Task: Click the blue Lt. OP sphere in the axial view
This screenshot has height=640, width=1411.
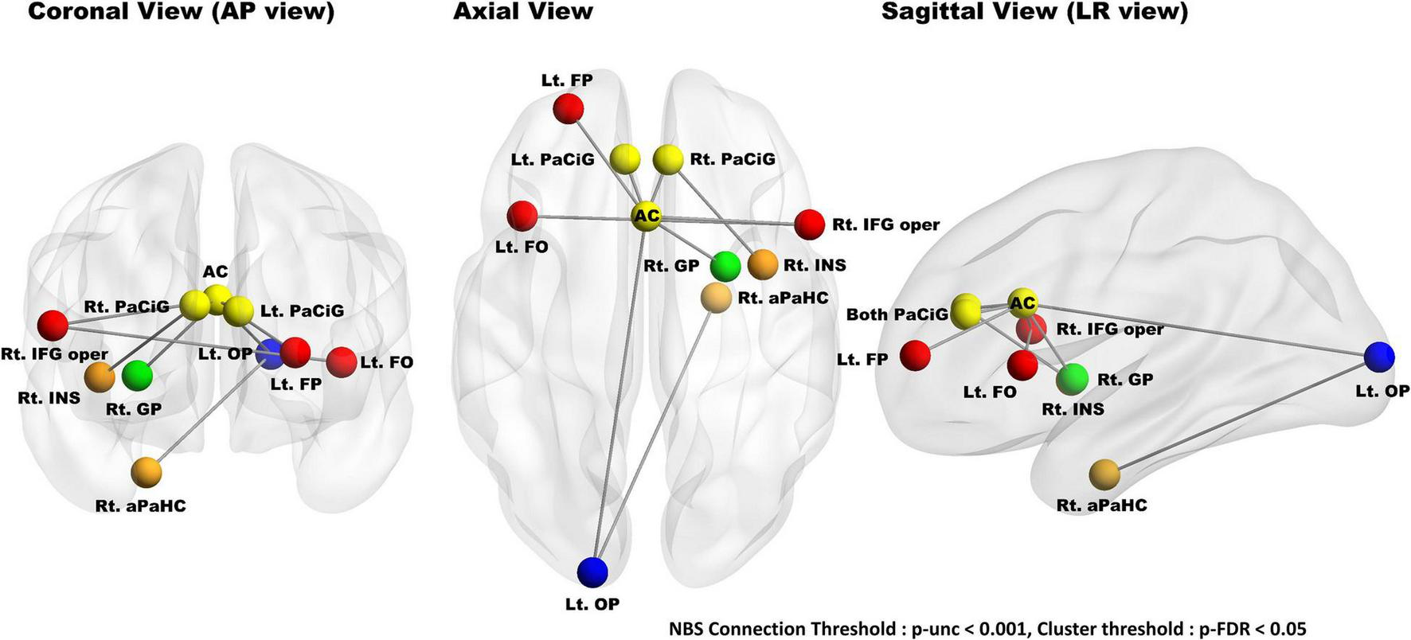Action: tap(592, 572)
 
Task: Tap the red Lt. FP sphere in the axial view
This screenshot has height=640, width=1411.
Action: tap(569, 108)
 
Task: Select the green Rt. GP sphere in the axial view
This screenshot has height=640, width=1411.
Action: tap(725, 266)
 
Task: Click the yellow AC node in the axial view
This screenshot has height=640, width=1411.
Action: tap(647, 216)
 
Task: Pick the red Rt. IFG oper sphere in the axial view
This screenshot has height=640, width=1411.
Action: tap(809, 224)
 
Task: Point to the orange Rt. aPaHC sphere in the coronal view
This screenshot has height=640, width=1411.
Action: tap(147, 472)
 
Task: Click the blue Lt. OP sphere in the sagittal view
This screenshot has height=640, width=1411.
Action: tap(1378, 357)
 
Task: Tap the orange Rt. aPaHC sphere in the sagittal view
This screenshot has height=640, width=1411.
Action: tap(1104, 474)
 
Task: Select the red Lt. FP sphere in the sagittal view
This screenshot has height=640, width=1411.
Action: tap(915, 355)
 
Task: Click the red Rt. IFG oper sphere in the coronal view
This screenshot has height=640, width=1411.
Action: tap(53, 325)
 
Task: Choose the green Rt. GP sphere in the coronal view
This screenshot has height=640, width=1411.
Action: tap(138, 375)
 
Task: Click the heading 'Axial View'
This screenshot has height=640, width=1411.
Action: tap(522, 12)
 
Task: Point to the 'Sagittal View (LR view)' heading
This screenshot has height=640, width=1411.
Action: tap(1034, 12)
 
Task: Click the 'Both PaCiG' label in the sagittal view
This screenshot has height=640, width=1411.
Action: tap(897, 314)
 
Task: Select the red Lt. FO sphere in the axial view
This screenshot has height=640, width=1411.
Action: tap(522, 216)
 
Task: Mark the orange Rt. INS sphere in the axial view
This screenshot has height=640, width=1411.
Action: tap(762, 264)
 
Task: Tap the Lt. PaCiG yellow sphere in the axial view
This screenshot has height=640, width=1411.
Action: tap(626, 159)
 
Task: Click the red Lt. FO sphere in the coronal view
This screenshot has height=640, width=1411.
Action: tap(341, 361)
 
